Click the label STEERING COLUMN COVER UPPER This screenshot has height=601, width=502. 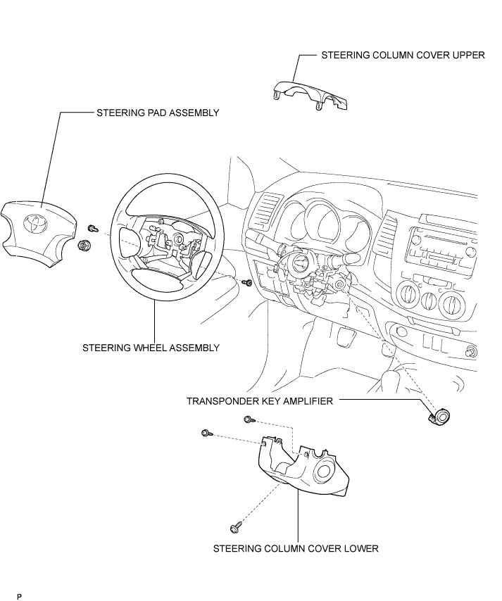coord(403,55)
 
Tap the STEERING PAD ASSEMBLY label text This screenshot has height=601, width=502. coord(158,113)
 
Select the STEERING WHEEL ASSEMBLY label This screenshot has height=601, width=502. coord(151,348)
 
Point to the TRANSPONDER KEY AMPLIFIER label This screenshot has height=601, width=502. coord(260,401)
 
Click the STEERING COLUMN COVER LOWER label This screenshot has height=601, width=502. coord(296,548)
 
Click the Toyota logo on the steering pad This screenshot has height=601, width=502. coord(34,223)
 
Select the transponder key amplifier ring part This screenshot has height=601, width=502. coord(439,417)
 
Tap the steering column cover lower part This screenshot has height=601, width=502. coord(303,469)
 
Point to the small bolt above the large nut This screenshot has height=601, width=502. coord(92,229)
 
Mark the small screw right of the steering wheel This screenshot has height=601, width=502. coord(248,283)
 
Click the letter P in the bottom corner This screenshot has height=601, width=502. coord(20,597)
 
